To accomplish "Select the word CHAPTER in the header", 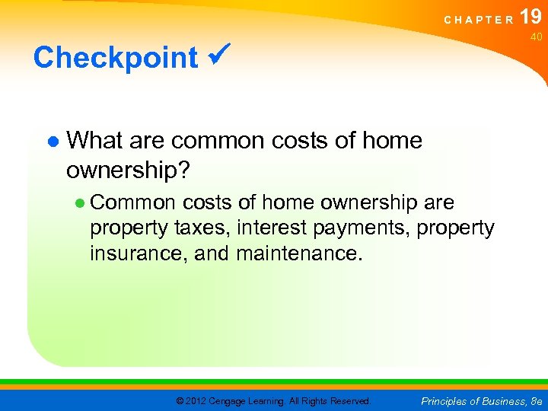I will [x=479, y=20].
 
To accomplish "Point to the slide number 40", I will [x=536, y=37].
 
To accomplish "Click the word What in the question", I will [x=95, y=140].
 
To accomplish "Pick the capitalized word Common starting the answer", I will [x=133, y=203].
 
